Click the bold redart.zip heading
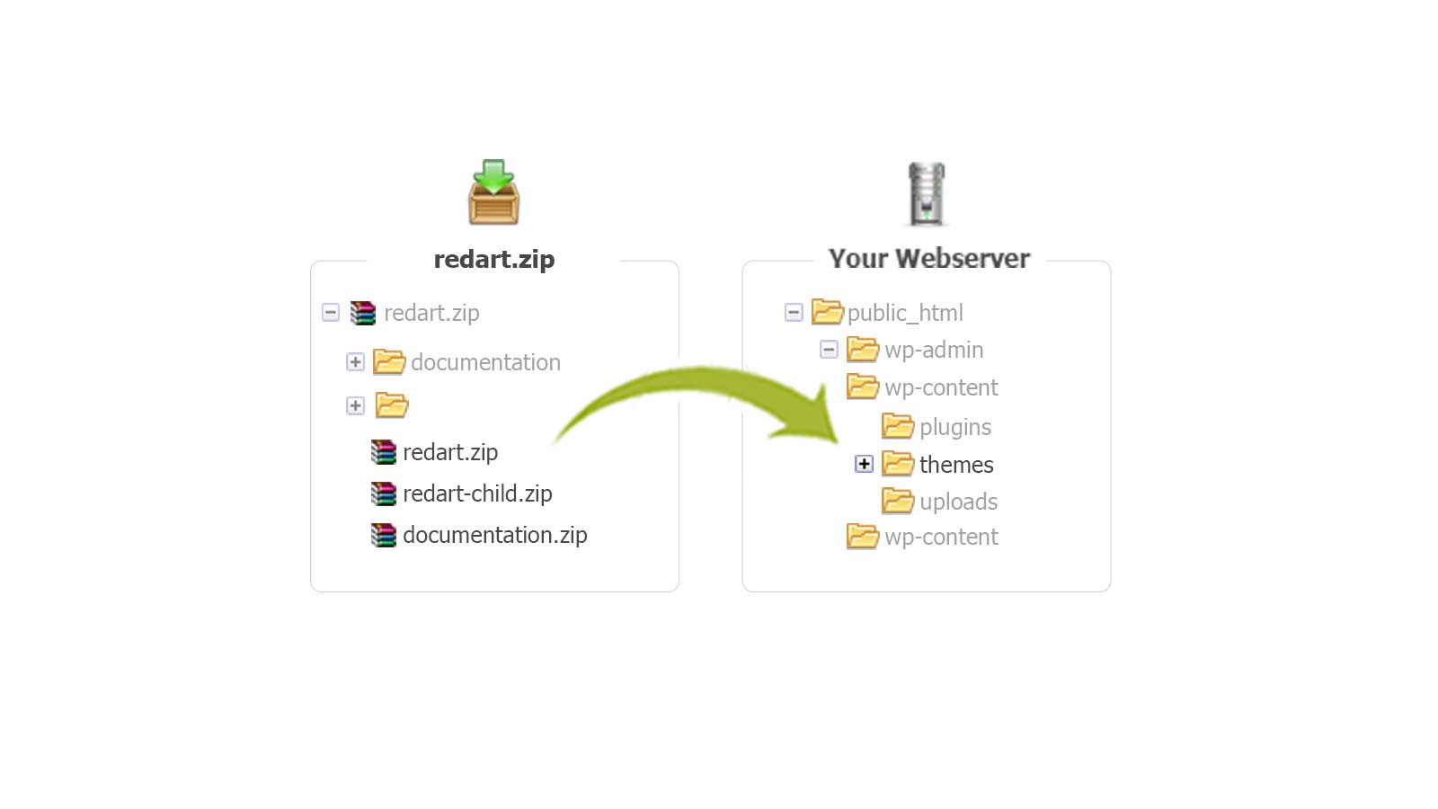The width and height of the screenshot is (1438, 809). pyautogui.click(x=493, y=259)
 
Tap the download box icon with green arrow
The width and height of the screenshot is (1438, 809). pyautogui.click(x=493, y=192)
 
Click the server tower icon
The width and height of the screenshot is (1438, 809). pyautogui.click(x=927, y=193)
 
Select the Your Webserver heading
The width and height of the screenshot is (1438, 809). pyautogui.click(x=928, y=258)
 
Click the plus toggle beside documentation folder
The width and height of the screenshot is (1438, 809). pyautogui.click(x=355, y=362)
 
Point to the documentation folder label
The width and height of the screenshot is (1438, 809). pyautogui.click(x=485, y=362)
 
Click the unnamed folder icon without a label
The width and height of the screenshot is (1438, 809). pyautogui.click(x=391, y=405)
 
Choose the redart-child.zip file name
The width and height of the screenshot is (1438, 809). pyautogui.click(x=477, y=493)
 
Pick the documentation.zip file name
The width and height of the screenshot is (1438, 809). pyautogui.click(x=494, y=535)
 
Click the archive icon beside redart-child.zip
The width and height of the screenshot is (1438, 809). pyautogui.click(x=384, y=493)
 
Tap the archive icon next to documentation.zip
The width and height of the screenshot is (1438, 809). pyautogui.click(x=384, y=535)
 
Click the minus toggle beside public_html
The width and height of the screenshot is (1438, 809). pyautogui.click(x=794, y=313)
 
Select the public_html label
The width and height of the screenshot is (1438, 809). pyautogui.click(x=905, y=313)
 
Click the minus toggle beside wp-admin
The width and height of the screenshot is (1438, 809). pyautogui.click(x=829, y=350)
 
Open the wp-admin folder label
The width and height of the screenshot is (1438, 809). pyautogui.click(x=934, y=350)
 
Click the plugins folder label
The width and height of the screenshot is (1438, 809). pyautogui.click(x=955, y=427)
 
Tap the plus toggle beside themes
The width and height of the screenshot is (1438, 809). pyautogui.click(x=864, y=464)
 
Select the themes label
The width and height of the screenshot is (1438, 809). pyautogui.click(x=956, y=465)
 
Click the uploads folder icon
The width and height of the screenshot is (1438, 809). pyautogui.click(x=898, y=501)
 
